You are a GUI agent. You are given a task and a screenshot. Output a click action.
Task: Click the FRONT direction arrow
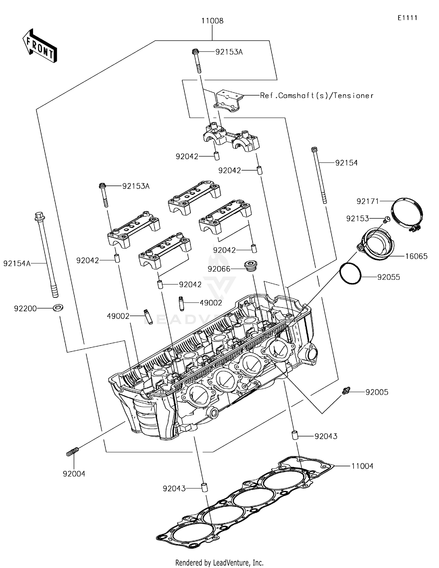40,46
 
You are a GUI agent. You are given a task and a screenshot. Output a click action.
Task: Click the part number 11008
212,21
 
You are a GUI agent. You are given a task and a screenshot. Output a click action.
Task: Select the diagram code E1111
407,18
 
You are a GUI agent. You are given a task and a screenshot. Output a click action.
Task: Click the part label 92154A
17,263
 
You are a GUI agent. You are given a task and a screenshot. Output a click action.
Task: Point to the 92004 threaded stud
72,452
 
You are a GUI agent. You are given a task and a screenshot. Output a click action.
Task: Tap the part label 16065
416,256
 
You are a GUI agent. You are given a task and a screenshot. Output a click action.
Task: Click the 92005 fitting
346,391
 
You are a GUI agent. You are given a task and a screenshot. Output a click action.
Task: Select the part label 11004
362,466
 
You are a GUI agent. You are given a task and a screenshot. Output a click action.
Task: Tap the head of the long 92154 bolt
314,149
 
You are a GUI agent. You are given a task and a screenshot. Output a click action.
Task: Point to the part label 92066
219,269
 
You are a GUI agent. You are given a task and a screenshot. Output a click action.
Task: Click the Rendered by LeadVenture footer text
219,562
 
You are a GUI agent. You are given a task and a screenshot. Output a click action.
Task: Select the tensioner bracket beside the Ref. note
229,101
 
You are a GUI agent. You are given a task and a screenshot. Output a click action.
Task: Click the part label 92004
74,474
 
